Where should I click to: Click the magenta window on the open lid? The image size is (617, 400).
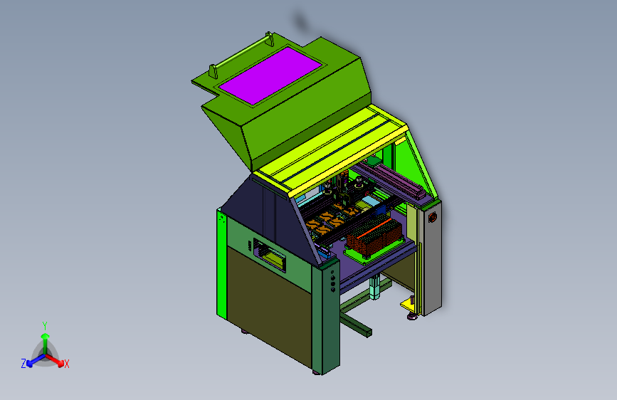[270, 75]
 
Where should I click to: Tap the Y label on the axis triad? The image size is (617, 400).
[45, 326]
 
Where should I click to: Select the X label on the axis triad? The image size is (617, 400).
[67, 364]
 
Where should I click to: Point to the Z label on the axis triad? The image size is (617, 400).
[23, 364]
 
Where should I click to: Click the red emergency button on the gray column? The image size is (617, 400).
[433, 217]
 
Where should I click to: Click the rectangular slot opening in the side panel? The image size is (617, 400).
[270, 255]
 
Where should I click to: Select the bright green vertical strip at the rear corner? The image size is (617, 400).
[221, 264]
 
